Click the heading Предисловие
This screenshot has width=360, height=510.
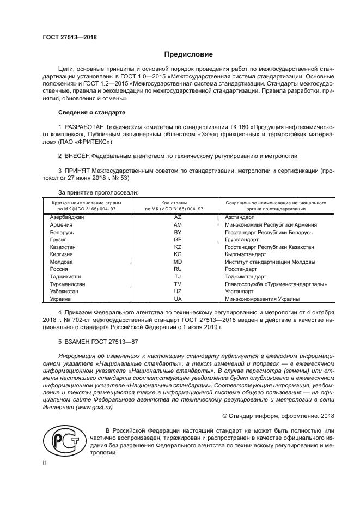(188, 54)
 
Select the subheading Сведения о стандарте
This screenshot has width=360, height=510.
(91, 112)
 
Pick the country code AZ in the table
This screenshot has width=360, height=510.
(177, 217)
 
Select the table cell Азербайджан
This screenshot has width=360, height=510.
(67, 217)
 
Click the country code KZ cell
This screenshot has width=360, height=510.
(177, 247)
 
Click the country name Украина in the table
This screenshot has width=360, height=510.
(60, 299)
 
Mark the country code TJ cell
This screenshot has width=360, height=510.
(177, 277)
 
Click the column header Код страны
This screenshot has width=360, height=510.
(177, 202)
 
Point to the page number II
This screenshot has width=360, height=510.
(45, 463)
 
